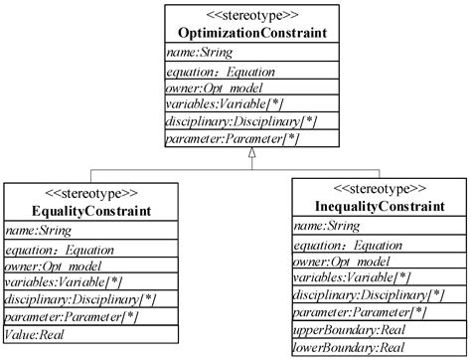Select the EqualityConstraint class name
click(92, 210)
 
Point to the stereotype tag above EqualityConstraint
click(92, 193)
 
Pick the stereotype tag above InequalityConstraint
click(379, 187)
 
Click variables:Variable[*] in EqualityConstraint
click(63, 283)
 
